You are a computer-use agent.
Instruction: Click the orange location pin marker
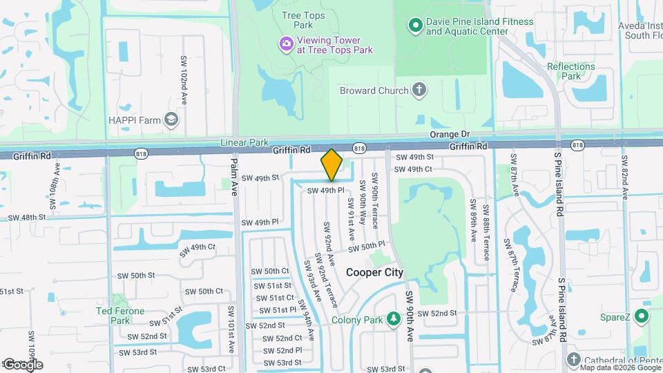[331, 165]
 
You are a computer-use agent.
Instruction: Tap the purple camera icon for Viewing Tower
[286, 44]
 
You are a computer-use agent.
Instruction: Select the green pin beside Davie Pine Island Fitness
[416, 26]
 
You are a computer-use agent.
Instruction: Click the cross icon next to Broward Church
[419, 90]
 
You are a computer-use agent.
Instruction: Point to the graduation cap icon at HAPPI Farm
[171, 120]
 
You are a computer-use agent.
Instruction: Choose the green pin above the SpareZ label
[642, 317]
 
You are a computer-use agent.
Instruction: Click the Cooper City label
[374, 273]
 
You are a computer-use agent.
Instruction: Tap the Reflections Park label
[570, 71]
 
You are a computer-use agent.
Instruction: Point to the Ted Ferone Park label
[120, 316]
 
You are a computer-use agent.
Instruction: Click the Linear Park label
[244, 142]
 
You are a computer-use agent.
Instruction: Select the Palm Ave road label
[234, 177]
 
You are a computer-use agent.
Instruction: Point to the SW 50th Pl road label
[366, 247]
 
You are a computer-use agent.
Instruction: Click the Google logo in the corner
[23, 364]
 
